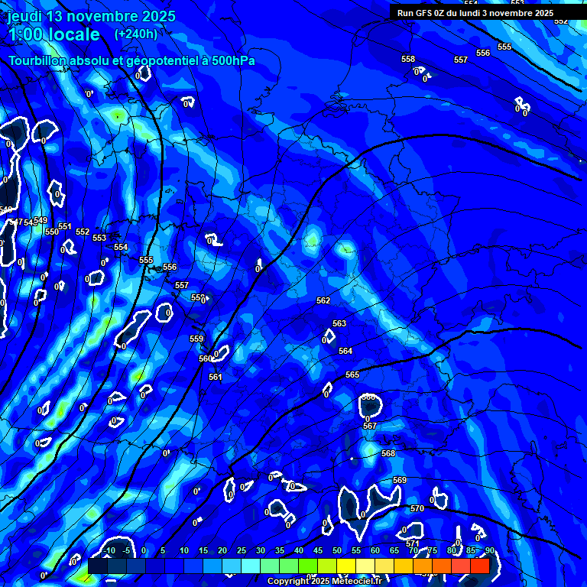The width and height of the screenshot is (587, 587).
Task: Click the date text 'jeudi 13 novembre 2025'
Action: [91, 16]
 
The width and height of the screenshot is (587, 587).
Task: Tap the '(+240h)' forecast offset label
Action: [136, 34]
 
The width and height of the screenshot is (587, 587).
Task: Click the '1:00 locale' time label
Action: [54, 34]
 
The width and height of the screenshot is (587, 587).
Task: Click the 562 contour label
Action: [323, 300]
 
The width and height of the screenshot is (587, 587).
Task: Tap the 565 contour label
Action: [352, 375]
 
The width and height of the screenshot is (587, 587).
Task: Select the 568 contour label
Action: [388, 453]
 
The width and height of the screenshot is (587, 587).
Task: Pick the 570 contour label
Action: [417, 508]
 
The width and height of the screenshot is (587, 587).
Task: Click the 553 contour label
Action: [99, 238]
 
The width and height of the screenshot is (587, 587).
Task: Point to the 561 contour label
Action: [216, 377]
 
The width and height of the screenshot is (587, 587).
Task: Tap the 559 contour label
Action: [196, 339]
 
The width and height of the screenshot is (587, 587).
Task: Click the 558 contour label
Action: [408, 59]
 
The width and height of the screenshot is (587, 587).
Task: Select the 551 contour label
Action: [65, 226]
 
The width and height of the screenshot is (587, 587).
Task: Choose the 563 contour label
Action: [339, 323]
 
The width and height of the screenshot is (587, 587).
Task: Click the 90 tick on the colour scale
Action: [489, 550]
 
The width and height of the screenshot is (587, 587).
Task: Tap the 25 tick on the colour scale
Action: [242, 550]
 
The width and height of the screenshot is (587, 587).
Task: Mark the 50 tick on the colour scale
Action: [337, 550]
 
